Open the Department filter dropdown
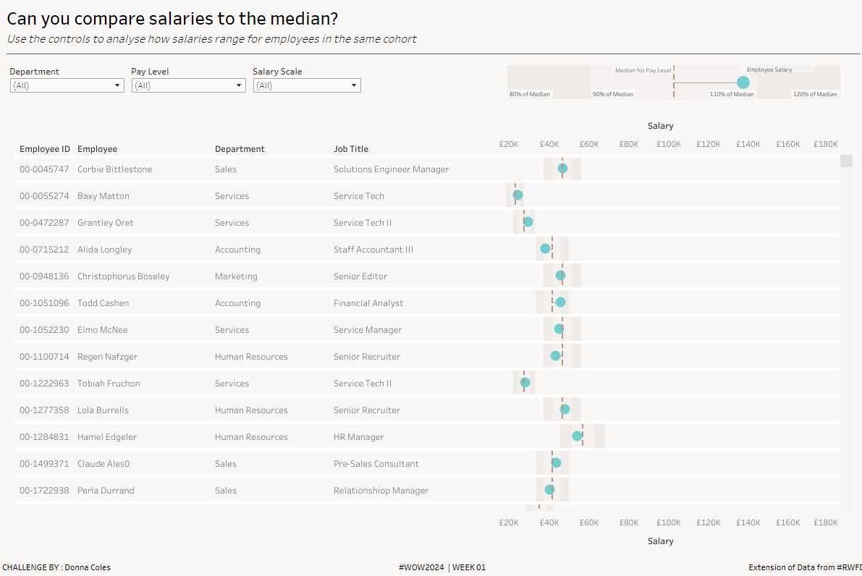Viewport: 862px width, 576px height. click(x=67, y=85)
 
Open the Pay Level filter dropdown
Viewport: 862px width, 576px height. click(x=188, y=85)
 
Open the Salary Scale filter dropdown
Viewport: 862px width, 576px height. click(x=307, y=85)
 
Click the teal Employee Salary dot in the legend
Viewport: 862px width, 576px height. click(x=743, y=82)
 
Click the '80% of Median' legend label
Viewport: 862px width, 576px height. click(x=529, y=94)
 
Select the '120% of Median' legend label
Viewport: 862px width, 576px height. click(x=815, y=94)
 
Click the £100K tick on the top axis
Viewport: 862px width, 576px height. click(x=669, y=144)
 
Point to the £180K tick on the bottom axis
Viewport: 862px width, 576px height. click(x=825, y=522)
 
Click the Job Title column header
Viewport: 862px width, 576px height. click(x=351, y=149)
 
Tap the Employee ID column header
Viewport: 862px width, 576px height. click(x=45, y=149)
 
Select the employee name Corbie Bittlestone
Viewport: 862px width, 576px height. click(x=114, y=169)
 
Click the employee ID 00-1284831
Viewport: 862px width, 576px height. click(x=44, y=437)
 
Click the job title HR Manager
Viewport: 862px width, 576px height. click(x=359, y=437)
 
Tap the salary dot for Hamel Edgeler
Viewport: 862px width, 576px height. click(x=578, y=436)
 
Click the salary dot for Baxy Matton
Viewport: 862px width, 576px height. click(x=518, y=195)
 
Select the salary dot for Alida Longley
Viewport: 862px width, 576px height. click(x=546, y=249)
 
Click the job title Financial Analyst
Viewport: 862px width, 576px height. click(x=368, y=303)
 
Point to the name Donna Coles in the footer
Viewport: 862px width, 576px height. click(x=88, y=567)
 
